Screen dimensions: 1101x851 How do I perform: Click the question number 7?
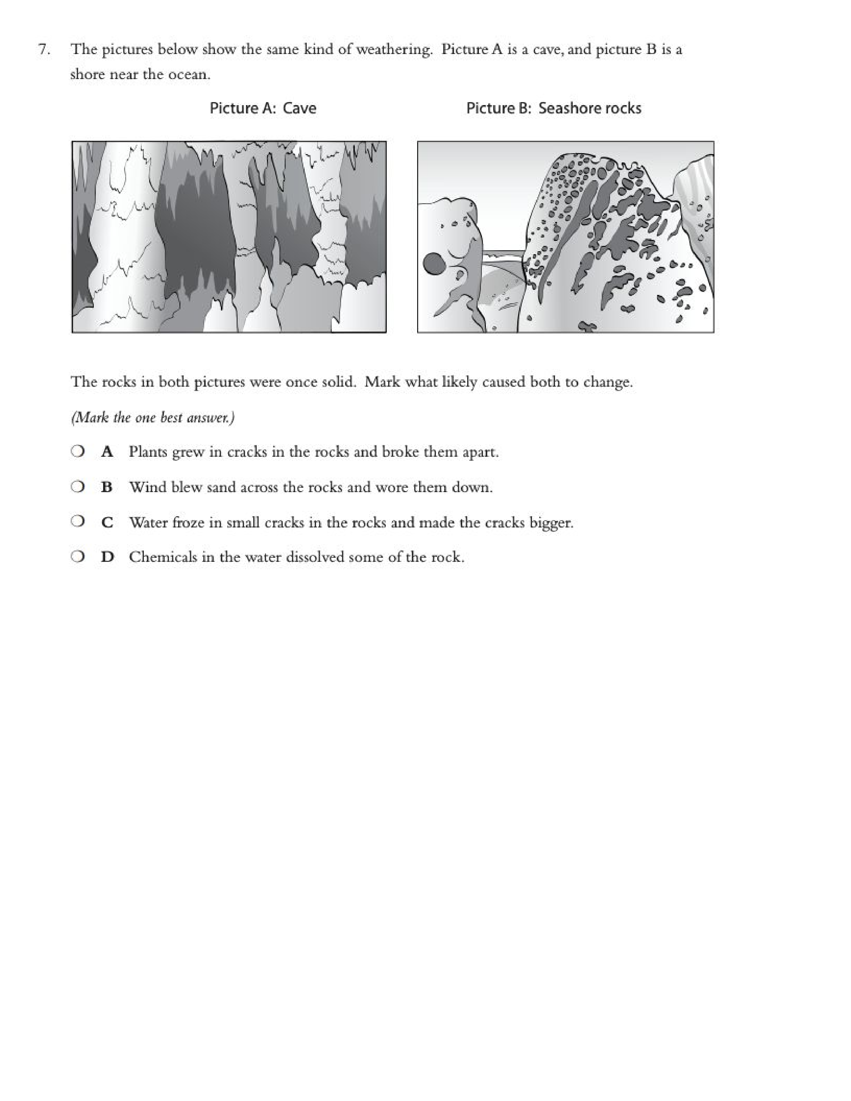coord(44,49)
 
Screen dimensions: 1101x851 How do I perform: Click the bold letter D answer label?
coord(107,557)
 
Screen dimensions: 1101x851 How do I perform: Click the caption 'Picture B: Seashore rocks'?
coord(554,108)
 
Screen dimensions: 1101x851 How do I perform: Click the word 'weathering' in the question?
coord(394,49)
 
